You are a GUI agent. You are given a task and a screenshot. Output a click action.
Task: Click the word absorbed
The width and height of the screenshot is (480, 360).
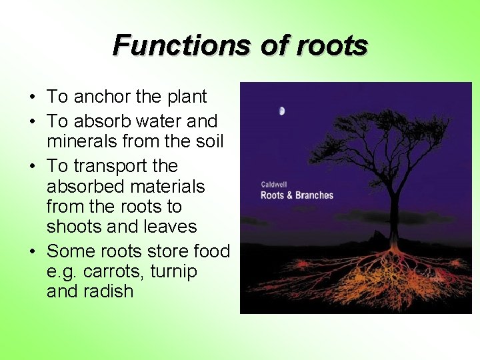point(86,186)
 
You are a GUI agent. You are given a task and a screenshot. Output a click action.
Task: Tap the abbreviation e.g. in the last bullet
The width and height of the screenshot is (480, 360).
point(62,272)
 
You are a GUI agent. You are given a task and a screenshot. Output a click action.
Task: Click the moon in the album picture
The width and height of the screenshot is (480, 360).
point(282,111)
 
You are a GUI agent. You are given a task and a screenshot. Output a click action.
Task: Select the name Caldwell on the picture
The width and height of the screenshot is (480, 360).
point(275,184)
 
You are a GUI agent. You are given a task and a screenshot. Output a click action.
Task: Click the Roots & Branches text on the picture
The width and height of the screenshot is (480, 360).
point(297,195)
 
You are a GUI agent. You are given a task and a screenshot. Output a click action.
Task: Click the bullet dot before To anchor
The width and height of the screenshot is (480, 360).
point(32,97)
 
